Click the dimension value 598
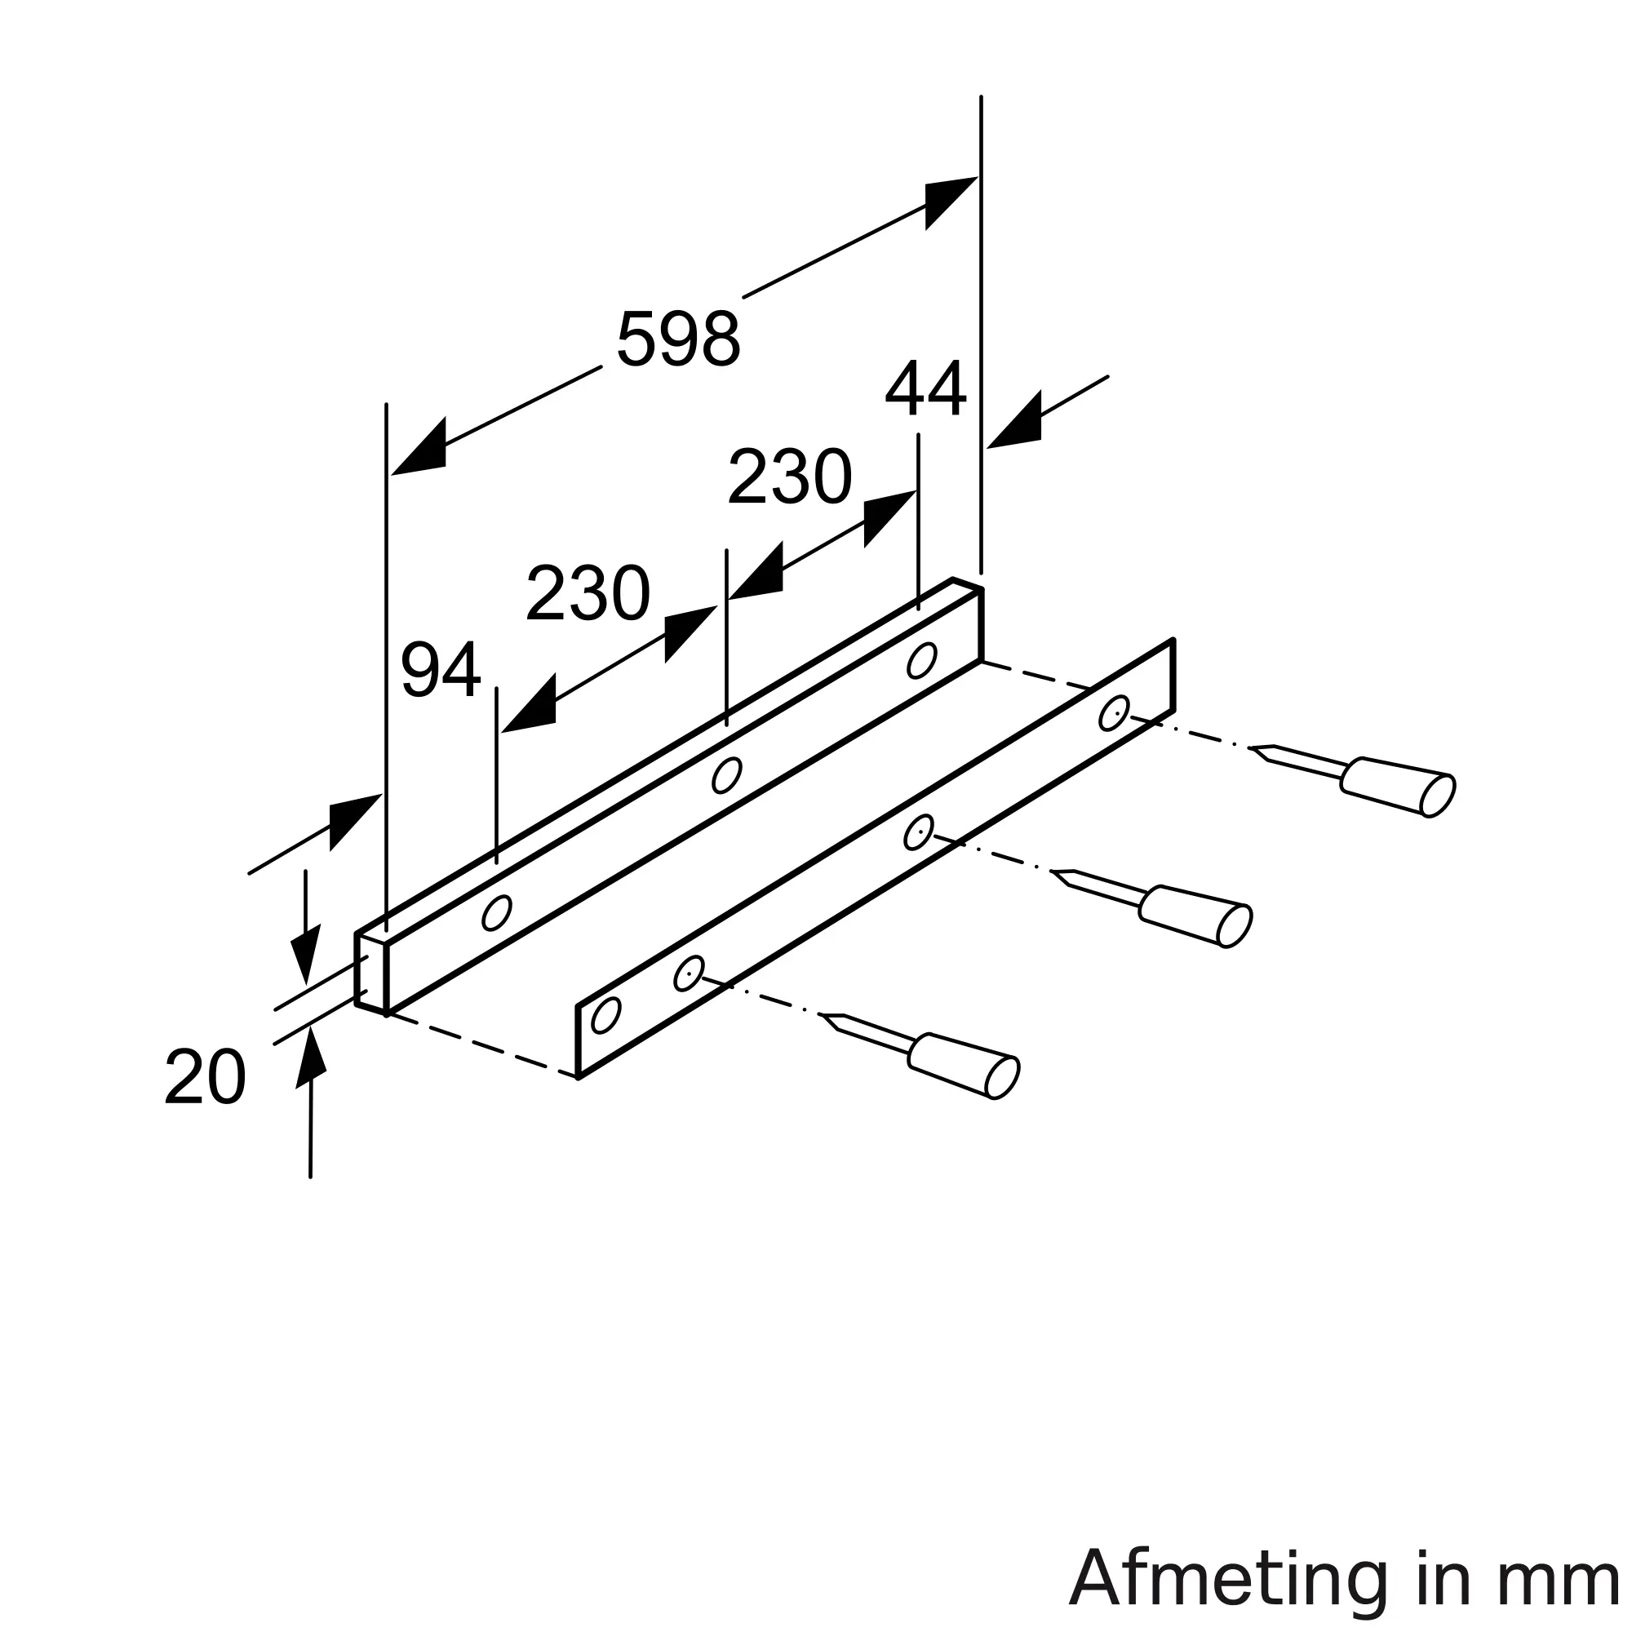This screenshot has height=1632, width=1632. [678, 339]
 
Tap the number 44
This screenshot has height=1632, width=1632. [925, 388]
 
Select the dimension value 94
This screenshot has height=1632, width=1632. [440, 670]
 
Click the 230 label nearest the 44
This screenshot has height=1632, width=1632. [789, 477]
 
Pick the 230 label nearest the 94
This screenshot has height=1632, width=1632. [588, 593]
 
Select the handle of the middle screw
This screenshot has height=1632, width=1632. [1195, 916]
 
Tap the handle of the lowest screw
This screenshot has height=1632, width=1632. [964, 1065]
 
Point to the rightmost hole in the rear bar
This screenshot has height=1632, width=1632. [921, 661]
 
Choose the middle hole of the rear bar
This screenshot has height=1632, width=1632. [726, 775]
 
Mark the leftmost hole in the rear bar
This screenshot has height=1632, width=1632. [497, 913]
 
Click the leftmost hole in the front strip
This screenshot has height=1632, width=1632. [605, 1014]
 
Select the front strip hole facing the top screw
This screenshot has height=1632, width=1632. [1114, 713]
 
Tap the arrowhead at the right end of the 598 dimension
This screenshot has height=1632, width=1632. [951, 202]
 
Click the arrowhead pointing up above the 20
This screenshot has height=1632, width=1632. [312, 1056]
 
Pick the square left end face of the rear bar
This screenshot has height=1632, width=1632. [370, 973]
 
